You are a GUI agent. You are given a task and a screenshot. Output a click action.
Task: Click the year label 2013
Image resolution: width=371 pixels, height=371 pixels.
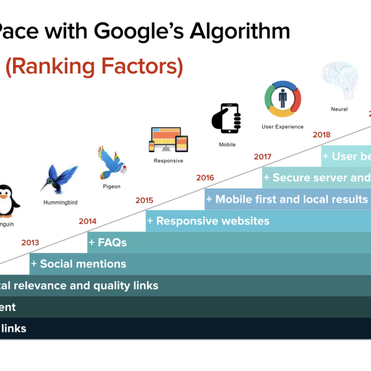coord(30,242)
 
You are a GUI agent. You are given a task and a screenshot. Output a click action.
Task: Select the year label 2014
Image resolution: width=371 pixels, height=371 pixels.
coord(87,221)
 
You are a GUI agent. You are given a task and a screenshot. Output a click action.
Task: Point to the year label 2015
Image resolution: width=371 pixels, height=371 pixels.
coord(144,200)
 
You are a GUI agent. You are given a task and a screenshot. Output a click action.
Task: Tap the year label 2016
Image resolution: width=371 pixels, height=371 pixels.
coord(205,178)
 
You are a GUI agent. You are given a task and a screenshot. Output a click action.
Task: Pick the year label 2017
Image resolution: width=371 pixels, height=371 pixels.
coord(263,156)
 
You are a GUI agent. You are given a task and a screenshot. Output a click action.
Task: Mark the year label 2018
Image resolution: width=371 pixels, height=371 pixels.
coord(322,134)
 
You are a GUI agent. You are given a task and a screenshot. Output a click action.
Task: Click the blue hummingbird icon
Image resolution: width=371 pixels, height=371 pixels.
coord(59,179)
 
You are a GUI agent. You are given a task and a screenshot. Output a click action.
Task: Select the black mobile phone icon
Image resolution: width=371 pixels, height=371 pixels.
coord(226,117)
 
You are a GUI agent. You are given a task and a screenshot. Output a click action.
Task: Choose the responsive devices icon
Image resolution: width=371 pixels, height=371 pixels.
coord(168,140)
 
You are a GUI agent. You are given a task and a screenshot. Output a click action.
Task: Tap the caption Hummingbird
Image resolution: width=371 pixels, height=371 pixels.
coord(60,202)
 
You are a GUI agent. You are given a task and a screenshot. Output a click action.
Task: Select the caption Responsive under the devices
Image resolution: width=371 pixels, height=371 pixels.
coord(168,161)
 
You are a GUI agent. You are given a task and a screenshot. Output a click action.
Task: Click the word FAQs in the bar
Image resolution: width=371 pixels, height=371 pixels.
coord(112,242)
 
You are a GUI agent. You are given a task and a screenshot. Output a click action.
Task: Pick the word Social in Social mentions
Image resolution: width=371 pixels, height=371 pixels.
coord(56,264)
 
